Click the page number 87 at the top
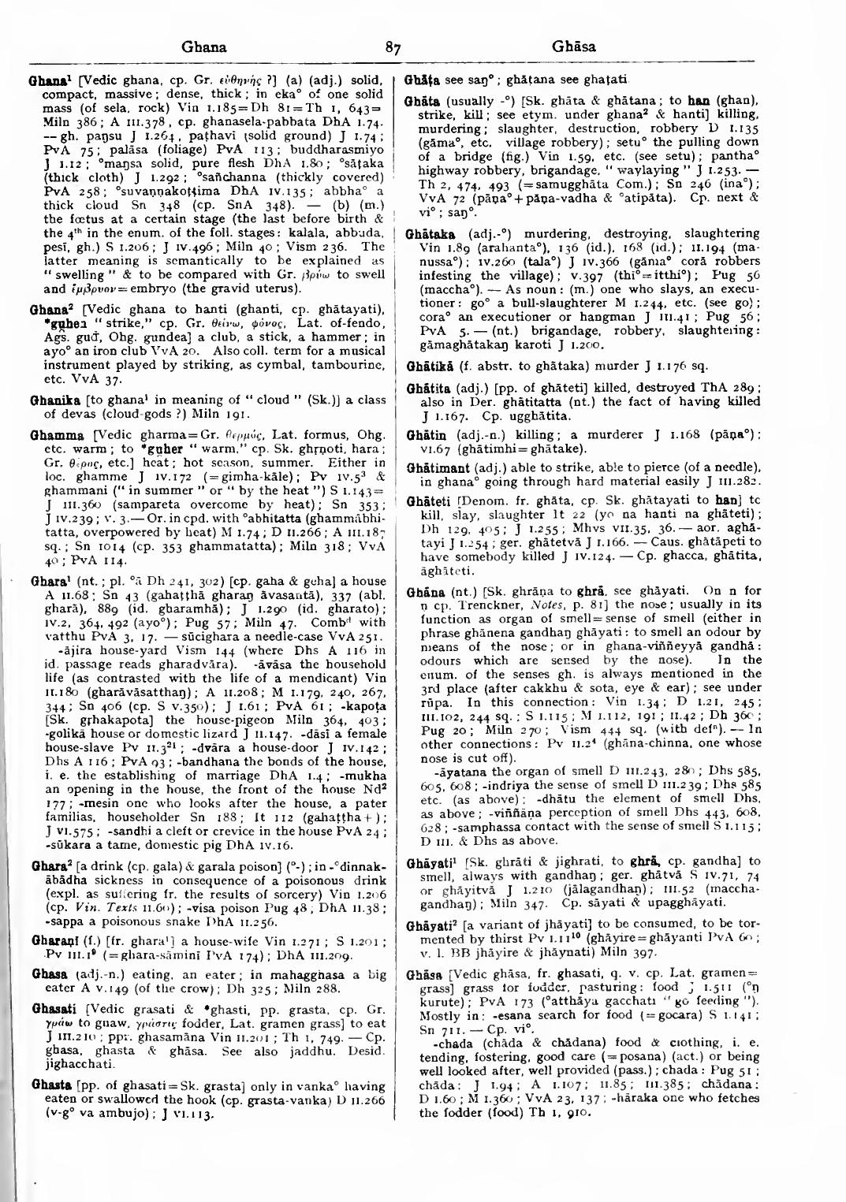[x=393, y=47]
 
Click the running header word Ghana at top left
[x=204, y=47]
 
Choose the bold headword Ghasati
[x=50, y=1009]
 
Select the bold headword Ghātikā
[x=427, y=367]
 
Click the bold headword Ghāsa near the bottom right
[x=422, y=974]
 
